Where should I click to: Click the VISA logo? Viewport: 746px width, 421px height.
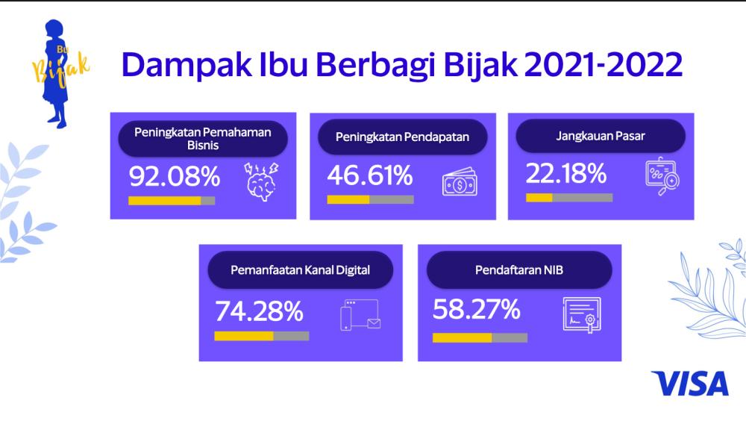coord(690,384)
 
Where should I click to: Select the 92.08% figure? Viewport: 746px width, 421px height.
coord(175,176)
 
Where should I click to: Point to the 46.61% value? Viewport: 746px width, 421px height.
coord(370,175)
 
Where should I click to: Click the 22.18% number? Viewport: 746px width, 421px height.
coord(566,173)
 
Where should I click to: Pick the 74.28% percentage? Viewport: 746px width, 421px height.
coord(259,311)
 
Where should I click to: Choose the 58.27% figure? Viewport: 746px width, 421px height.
coord(476,310)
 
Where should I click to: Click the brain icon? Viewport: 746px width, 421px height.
coord(261,181)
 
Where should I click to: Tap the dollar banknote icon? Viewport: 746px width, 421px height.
coord(460,182)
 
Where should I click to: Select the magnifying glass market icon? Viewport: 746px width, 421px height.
coord(662,176)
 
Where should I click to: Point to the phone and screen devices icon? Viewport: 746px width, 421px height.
coord(360,315)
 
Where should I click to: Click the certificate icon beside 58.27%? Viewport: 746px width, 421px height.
coord(582,315)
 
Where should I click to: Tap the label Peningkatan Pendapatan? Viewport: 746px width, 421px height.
coord(403,137)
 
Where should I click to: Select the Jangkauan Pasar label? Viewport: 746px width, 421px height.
coord(601,136)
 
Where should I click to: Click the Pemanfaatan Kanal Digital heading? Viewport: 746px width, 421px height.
coord(300,270)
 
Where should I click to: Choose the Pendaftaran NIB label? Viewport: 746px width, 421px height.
coord(519,270)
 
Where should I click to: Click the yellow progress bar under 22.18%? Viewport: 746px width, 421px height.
coord(539,198)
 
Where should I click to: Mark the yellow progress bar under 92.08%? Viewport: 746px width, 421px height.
coord(165,201)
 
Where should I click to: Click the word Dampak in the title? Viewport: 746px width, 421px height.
coord(187,65)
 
